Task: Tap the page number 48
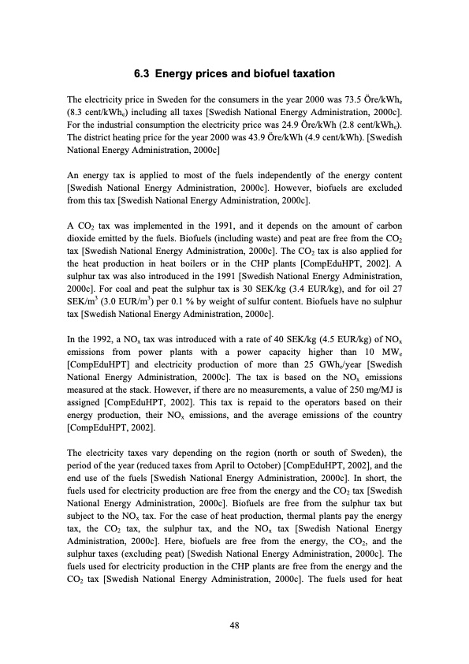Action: coord(234,625)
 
